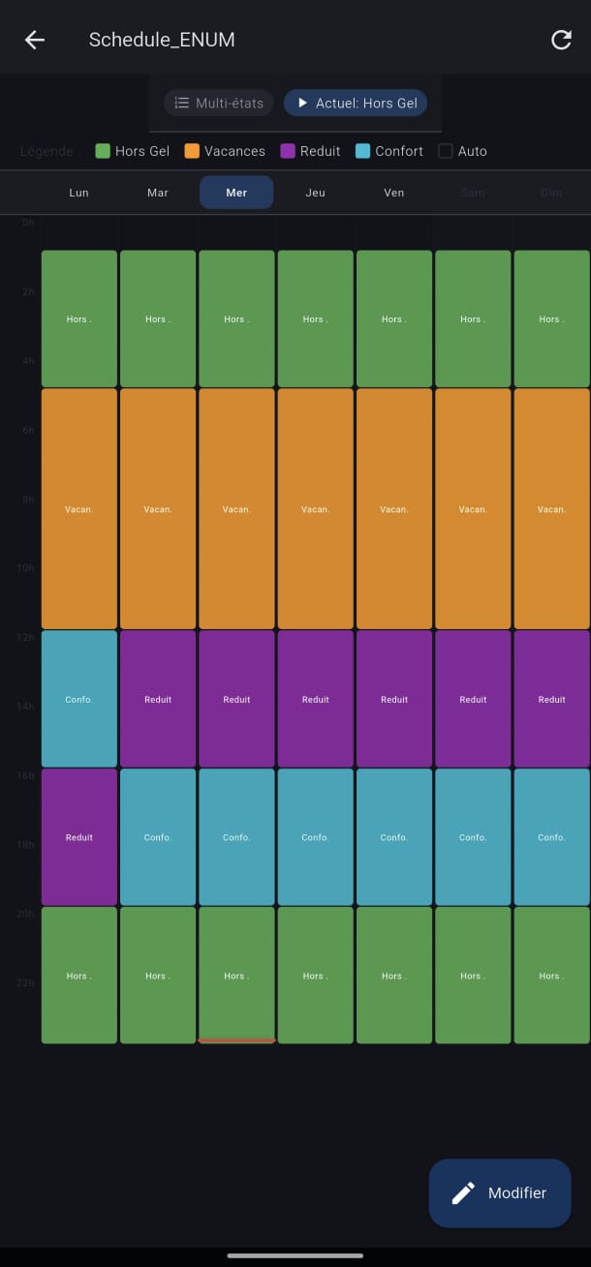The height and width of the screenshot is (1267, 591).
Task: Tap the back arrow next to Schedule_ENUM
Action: [x=35, y=40]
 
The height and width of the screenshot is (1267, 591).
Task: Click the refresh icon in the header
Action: [x=561, y=40]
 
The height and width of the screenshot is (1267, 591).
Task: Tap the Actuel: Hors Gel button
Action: [x=356, y=103]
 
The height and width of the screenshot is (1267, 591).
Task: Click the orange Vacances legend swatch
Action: [x=192, y=151]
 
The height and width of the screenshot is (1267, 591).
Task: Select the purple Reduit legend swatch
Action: [x=288, y=151]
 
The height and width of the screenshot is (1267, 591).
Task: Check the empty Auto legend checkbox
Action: [x=446, y=151]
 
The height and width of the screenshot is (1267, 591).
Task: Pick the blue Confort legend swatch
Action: [x=363, y=151]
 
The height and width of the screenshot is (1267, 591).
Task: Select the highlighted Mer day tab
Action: [x=236, y=193]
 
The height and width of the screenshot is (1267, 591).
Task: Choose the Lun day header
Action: [x=79, y=193]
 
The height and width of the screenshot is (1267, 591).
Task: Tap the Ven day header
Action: [x=393, y=193]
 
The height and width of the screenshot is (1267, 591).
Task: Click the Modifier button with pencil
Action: [x=500, y=1192]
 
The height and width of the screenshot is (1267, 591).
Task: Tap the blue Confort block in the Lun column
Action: [x=79, y=699]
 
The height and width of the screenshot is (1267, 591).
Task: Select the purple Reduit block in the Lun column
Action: [x=79, y=837]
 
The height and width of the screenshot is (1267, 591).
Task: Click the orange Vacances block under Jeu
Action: [x=315, y=509]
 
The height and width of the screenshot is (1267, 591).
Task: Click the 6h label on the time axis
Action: [x=28, y=430]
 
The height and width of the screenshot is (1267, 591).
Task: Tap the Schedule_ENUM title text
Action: [x=162, y=40]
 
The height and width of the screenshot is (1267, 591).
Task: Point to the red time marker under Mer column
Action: [x=236, y=1041]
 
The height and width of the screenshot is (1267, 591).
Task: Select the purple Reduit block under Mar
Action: [x=158, y=699]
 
